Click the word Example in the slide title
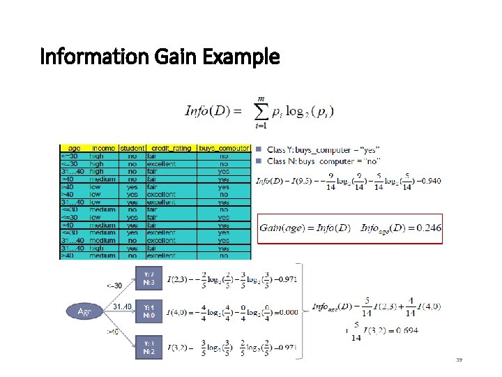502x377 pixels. [241, 57]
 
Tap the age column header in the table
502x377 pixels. [74, 149]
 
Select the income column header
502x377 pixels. [101, 149]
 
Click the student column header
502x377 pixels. [132, 149]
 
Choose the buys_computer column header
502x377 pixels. [222, 149]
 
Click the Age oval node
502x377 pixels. [84, 311]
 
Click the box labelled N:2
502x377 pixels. [149, 348]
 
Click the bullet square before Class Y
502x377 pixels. [258, 149]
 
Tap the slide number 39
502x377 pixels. [459, 360]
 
